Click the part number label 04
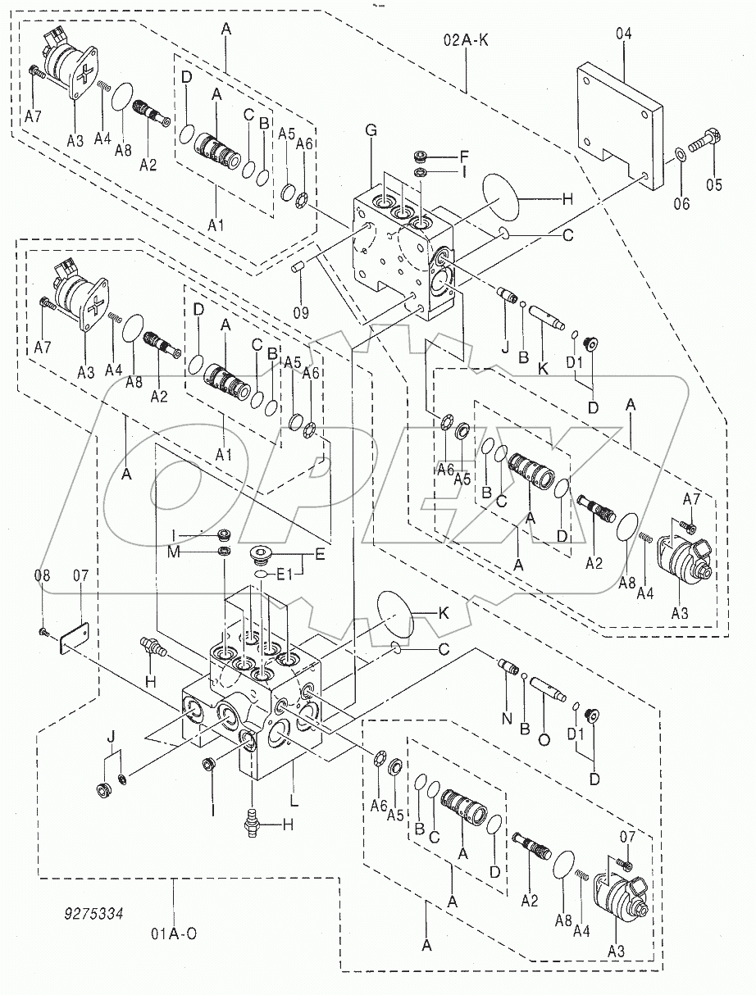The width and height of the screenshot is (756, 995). pyautogui.click(x=624, y=34)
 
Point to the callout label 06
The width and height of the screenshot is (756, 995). pyautogui.click(x=681, y=204)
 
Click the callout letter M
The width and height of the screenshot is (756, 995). pyautogui.click(x=174, y=551)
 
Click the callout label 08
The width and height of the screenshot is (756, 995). pyautogui.click(x=43, y=576)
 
